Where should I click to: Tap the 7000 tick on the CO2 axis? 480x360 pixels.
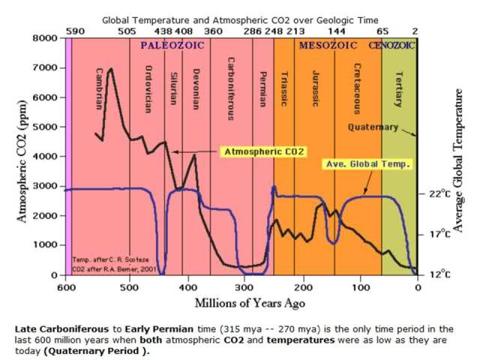click(x=46, y=67)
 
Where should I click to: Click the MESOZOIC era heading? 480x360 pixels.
click(x=328, y=45)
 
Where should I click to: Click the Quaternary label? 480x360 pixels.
click(x=373, y=127)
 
